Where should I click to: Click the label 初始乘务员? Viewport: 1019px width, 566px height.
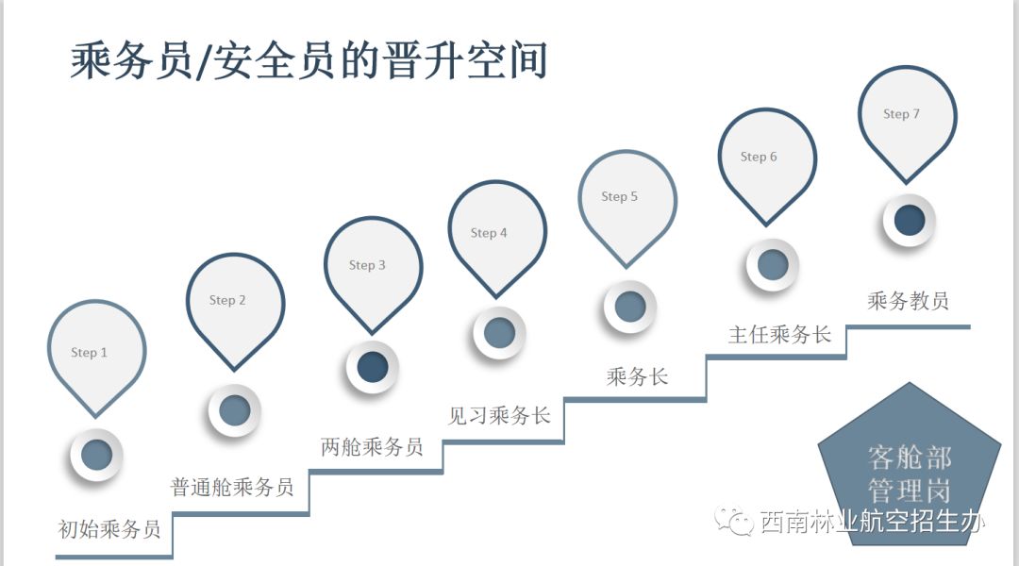pyautogui.click(x=109, y=528)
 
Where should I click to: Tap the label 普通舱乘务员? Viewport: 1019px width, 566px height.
pyautogui.click(x=232, y=487)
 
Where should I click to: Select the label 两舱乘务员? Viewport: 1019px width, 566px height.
pyautogui.click(x=372, y=446)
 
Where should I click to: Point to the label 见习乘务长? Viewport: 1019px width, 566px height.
pyautogui.click(x=499, y=415)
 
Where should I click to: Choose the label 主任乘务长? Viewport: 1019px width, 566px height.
pyautogui.click(x=779, y=335)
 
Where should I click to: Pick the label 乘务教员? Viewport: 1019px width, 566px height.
pyautogui.click(x=908, y=301)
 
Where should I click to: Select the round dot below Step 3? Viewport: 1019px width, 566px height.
pyautogui.click(x=373, y=367)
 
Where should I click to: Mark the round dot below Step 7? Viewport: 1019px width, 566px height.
pyautogui.click(x=909, y=221)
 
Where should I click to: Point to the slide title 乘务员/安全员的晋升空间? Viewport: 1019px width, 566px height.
pyautogui.click(x=309, y=62)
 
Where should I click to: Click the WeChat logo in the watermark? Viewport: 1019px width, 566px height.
pyautogui.click(x=735, y=518)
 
